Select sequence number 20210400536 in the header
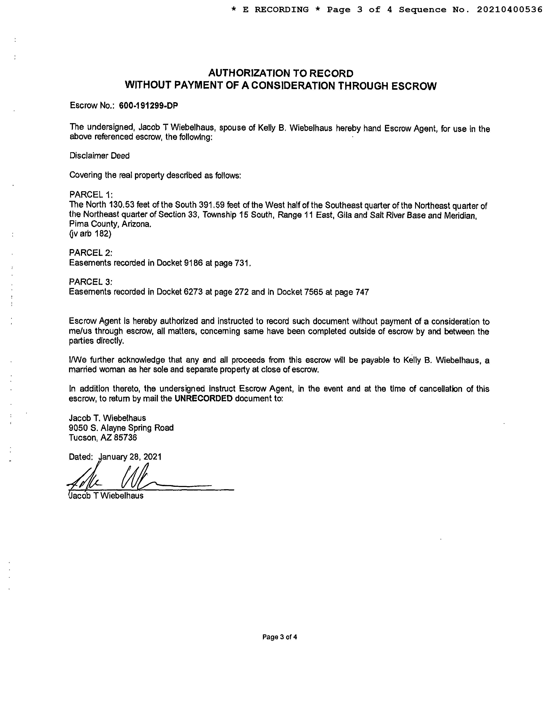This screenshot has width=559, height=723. (x=509, y=10)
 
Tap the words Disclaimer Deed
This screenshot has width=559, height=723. (x=99, y=156)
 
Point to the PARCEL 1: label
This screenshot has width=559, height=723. (x=91, y=194)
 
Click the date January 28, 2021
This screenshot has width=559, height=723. (x=130, y=457)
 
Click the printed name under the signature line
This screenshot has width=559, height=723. (x=106, y=496)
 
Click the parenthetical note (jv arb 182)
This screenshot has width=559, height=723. (x=90, y=234)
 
